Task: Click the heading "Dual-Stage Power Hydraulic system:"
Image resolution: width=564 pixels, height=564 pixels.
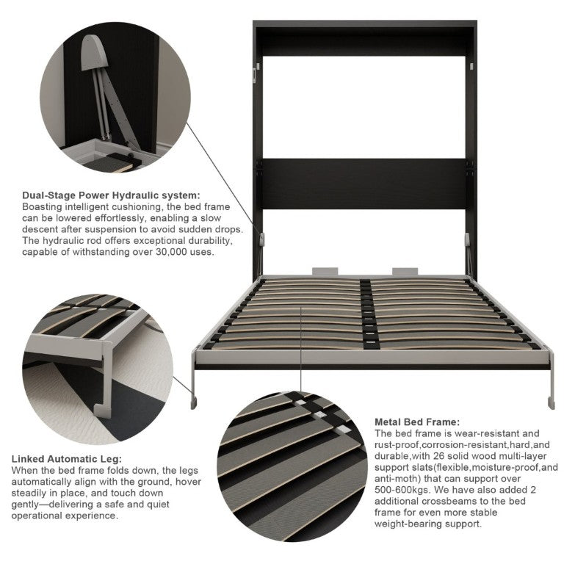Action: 111,195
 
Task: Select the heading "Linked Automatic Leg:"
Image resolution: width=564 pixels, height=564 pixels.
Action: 67,459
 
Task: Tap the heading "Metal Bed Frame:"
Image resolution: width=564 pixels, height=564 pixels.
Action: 417,422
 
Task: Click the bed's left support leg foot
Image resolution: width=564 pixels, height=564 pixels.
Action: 194,403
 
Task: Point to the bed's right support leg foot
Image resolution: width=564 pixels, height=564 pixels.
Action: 551,403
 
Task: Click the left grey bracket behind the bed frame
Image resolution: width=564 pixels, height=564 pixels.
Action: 325,271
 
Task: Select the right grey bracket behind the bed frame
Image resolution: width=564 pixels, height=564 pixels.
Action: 405,271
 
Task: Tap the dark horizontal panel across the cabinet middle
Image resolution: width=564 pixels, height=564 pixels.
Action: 364,184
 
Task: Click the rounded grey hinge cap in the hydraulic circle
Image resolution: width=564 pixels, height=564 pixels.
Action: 93,53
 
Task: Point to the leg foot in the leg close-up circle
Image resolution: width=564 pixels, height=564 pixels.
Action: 103,411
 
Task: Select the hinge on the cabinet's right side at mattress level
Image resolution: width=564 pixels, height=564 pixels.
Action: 468,239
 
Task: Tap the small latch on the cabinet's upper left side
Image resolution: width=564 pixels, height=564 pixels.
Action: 255,74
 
